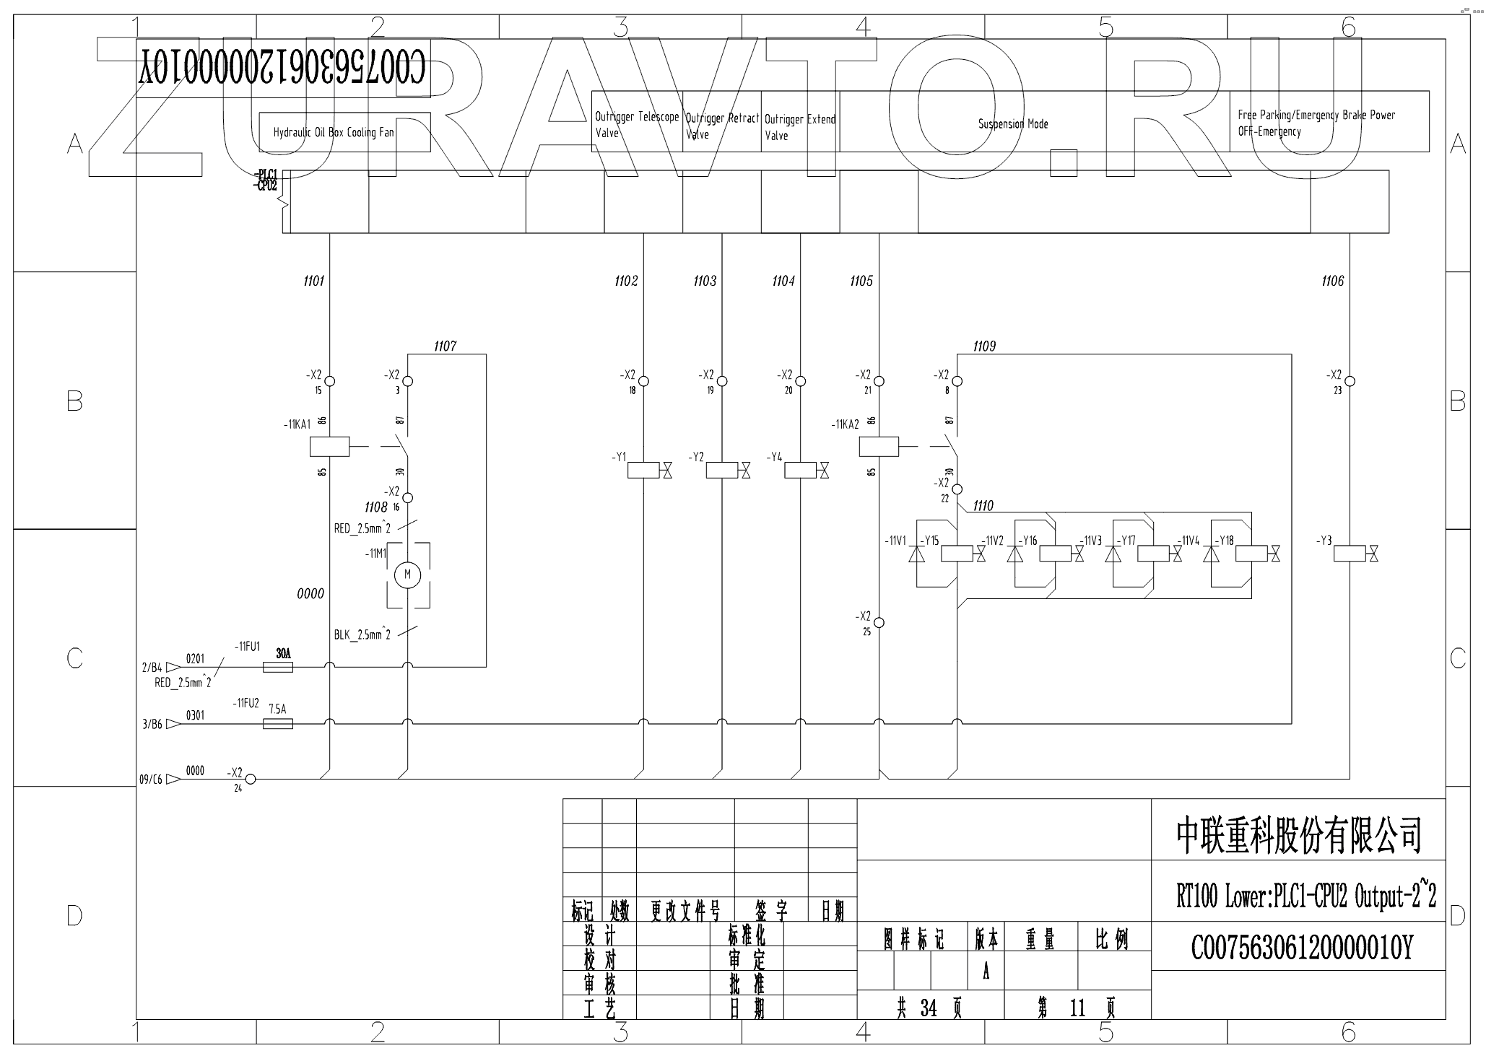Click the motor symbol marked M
[x=407, y=575]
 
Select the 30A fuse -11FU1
[x=277, y=668]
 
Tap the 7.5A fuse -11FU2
[x=277, y=722]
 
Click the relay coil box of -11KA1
[x=329, y=447]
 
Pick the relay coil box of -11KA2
[x=879, y=447]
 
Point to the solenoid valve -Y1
[x=643, y=471]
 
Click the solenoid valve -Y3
[x=1349, y=554]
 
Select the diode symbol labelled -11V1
[x=916, y=554]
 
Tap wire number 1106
[x=1332, y=281]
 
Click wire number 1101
[x=314, y=281]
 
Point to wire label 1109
[x=984, y=346]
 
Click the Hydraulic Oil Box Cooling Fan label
[x=334, y=133]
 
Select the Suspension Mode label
[x=1013, y=124]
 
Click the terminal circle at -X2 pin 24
[x=251, y=779]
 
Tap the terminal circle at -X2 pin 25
[x=879, y=622]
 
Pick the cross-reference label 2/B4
[x=152, y=668]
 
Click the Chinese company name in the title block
[x=1298, y=835]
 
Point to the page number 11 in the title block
[x=1077, y=1008]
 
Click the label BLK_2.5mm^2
[x=362, y=635]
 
